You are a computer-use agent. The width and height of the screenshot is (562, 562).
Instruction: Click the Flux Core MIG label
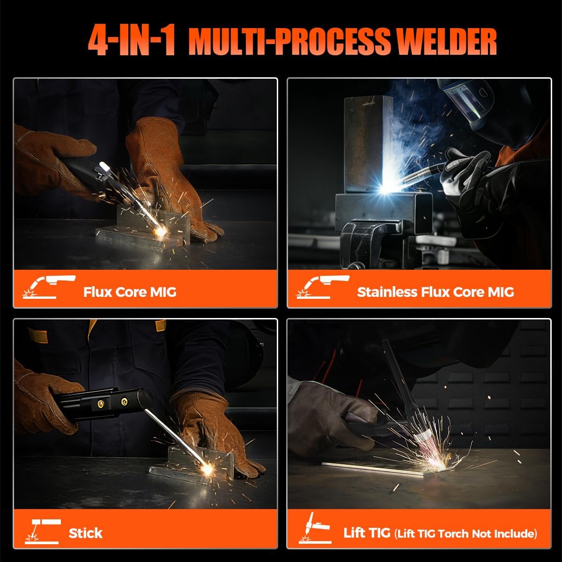click(x=130, y=292)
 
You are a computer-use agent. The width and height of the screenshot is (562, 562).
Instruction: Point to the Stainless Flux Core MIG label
click(x=436, y=292)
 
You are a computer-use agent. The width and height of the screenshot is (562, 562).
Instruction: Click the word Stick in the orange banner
click(x=85, y=533)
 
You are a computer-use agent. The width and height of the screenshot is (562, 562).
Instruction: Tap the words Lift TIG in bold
click(x=367, y=532)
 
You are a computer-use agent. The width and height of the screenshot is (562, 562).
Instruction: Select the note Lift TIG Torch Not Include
click(x=466, y=533)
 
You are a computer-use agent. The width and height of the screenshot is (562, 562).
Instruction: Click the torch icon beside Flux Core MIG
click(x=49, y=287)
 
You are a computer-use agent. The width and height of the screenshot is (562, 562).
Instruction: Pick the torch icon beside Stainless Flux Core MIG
click(x=323, y=287)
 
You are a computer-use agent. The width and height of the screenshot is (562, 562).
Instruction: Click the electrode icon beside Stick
click(x=43, y=532)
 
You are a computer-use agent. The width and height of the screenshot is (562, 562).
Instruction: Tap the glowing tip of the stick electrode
click(x=207, y=469)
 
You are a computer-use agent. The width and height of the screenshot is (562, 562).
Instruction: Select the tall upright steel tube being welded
click(x=368, y=144)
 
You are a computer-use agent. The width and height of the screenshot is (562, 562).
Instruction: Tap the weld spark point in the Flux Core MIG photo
click(x=161, y=232)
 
